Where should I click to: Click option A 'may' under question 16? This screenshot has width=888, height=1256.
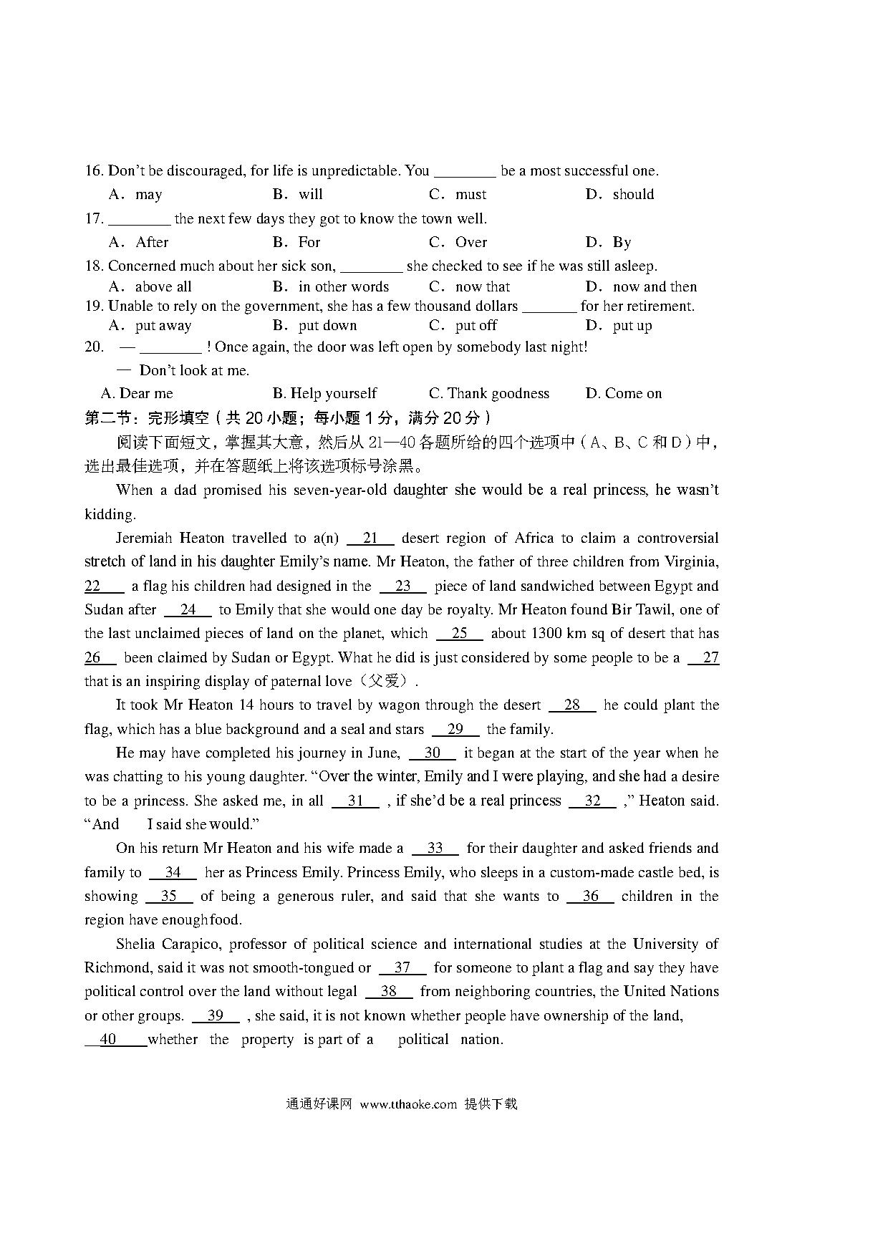[148, 195]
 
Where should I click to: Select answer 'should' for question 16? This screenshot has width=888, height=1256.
[633, 195]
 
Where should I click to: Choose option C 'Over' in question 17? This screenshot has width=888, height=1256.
[470, 243]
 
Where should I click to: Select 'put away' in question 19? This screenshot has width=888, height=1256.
[163, 326]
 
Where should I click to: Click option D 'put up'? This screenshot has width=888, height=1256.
[632, 326]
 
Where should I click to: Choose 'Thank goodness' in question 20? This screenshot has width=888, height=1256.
[498, 394]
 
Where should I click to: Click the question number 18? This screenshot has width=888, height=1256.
[94, 266]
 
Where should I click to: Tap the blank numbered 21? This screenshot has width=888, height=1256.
[370, 538]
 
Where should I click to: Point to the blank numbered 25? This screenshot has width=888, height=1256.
[459, 634]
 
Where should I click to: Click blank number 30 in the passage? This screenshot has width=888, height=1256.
[432, 753]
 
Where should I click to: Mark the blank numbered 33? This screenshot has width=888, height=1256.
[435, 849]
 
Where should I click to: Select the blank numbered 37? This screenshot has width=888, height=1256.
[402, 968]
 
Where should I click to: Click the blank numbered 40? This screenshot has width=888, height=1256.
[108, 1040]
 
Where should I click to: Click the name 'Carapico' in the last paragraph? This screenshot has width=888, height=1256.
[190, 945]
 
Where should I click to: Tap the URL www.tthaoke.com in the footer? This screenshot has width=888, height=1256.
[408, 1104]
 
